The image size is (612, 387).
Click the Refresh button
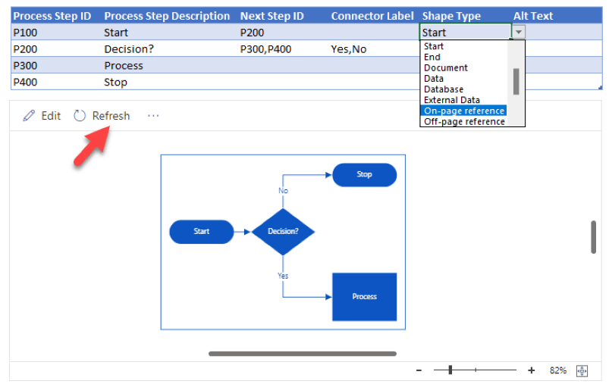(x=102, y=116)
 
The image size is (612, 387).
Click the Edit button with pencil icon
(x=42, y=116)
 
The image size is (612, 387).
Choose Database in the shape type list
(x=444, y=89)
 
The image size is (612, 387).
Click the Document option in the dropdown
(x=446, y=67)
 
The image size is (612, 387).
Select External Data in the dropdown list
(x=452, y=100)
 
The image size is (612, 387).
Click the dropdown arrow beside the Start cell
(x=519, y=32)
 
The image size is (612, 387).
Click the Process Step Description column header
(x=167, y=16)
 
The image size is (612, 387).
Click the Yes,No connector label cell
(x=349, y=48)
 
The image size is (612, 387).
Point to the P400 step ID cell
(x=26, y=82)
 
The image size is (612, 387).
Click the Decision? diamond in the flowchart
(x=283, y=231)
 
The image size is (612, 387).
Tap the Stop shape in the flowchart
(x=364, y=174)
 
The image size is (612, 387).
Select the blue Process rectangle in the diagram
(x=364, y=296)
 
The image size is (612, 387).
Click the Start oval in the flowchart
(x=201, y=231)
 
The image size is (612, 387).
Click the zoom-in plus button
(x=531, y=370)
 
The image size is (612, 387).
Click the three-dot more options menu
(x=153, y=116)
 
